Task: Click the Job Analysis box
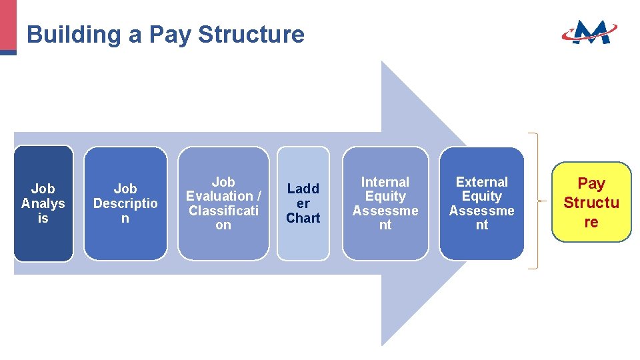[x=43, y=203]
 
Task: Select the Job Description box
[x=125, y=203]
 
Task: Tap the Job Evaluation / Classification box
[x=223, y=203]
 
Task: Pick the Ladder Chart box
[x=303, y=203]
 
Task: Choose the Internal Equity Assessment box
[x=385, y=203]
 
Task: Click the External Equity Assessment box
[x=481, y=203]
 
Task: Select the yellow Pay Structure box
[x=591, y=202]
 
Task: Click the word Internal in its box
[x=385, y=182]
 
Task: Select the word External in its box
[x=481, y=182]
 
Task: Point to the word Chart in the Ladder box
[x=303, y=218]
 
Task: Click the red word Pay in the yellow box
[x=591, y=183]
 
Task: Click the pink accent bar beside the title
[x=8, y=25]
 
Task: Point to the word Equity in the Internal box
[x=385, y=196]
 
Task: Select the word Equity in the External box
[x=481, y=196]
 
